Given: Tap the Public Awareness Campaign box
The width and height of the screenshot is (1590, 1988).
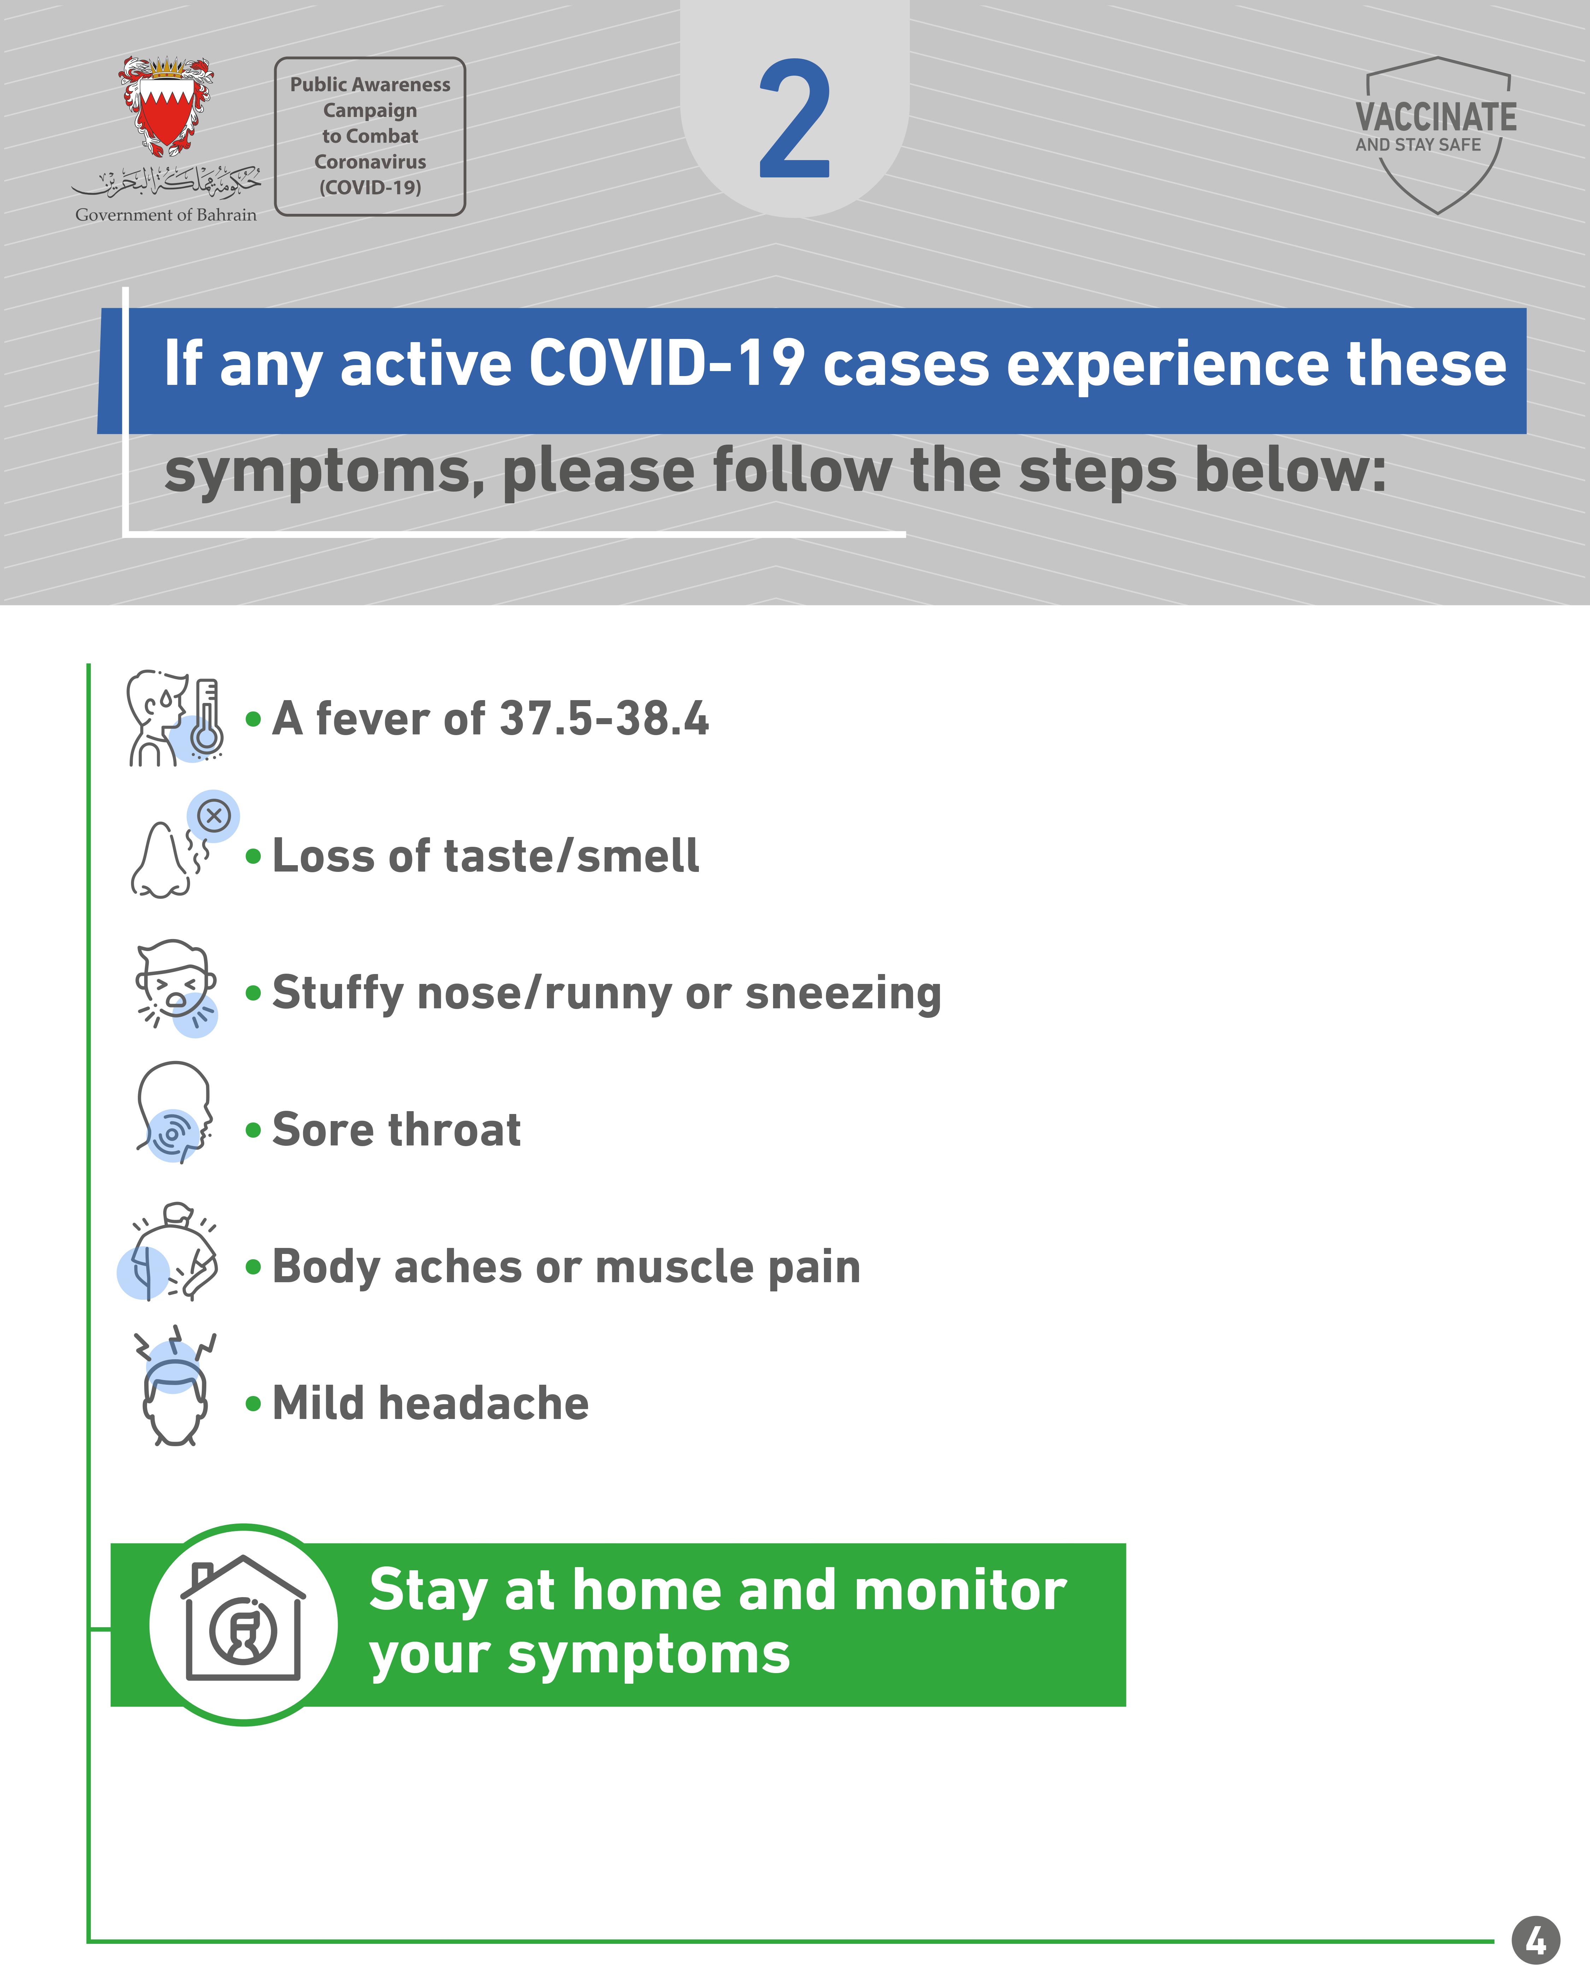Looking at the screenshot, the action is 370,136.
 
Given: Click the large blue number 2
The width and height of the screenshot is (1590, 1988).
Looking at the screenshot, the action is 795,120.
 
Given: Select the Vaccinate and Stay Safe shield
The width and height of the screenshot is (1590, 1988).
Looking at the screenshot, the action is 1436,135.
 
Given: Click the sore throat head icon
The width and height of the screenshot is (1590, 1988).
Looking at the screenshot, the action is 174,1112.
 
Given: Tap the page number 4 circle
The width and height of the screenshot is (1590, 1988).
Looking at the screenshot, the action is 1536,1941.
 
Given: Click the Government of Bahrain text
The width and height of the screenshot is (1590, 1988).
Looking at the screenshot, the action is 166,215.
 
